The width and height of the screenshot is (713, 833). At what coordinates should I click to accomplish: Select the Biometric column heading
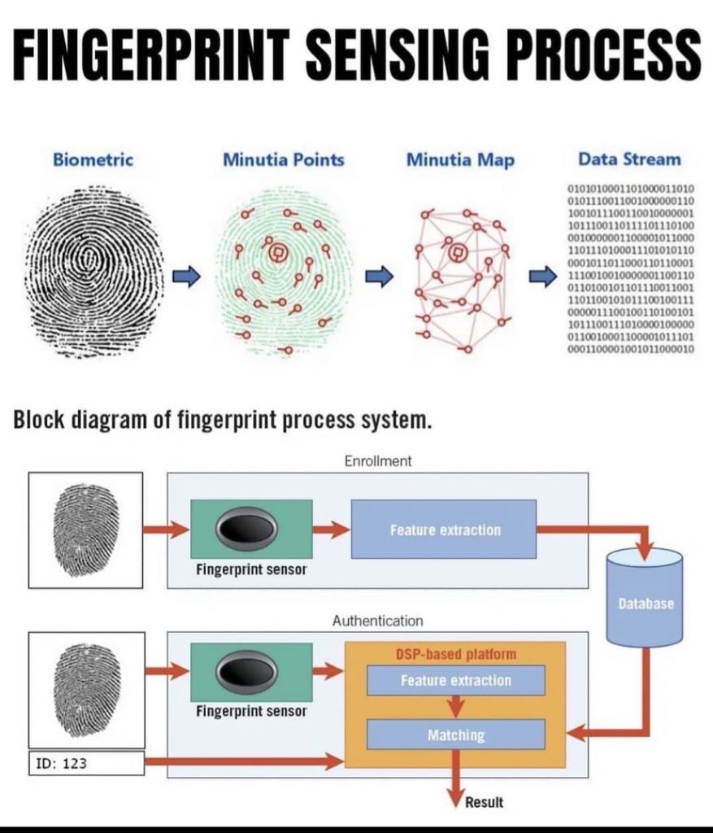(93, 159)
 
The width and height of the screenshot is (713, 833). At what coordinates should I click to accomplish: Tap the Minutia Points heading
(283, 159)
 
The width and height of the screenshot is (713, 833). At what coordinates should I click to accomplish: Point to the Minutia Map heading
(460, 159)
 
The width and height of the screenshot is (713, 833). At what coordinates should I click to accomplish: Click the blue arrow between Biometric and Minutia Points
(188, 277)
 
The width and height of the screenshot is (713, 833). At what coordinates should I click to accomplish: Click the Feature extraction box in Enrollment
(444, 530)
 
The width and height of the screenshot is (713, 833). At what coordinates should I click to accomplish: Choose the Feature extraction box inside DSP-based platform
(455, 680)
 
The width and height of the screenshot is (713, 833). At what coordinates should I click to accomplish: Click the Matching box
(455, 735)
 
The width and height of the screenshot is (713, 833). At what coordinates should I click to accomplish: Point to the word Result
(484, 803)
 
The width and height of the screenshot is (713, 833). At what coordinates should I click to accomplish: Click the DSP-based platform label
(455, 654)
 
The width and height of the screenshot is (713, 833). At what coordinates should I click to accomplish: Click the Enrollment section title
(378, 461)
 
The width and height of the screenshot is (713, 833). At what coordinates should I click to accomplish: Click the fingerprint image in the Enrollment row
(85, 530)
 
